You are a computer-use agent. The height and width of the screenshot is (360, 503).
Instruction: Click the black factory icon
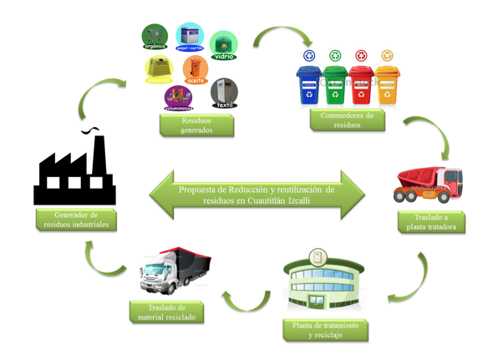(74, 170)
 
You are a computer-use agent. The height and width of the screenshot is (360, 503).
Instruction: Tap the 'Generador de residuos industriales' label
(75, 220)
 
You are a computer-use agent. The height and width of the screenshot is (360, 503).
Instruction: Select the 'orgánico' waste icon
(155, 38)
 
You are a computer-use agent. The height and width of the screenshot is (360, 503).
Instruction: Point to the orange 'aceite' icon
(195, 71)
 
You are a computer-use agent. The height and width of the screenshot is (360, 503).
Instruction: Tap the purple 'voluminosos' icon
(178, 98)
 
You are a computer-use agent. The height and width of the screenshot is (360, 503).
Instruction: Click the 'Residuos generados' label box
(196, 125)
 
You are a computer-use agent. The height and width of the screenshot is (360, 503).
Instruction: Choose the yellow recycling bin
(387, 84)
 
